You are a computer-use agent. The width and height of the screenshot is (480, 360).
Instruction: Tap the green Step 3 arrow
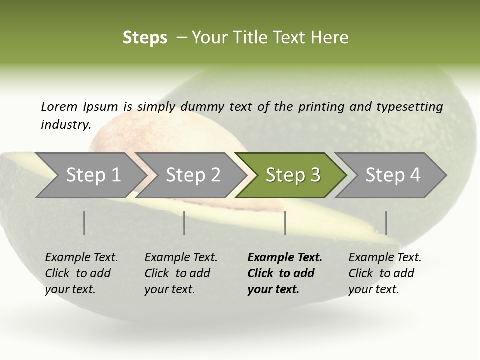pos(293,175)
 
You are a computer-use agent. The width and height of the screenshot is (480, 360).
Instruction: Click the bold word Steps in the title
pos(145,38)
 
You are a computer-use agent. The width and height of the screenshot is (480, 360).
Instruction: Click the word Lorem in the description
pos(59,106)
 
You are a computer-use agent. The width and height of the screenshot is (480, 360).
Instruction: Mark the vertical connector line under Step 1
pos(84,223)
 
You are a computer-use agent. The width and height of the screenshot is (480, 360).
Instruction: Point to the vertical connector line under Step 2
pos(184,223)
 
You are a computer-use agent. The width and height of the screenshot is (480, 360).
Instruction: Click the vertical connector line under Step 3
pos(285,223)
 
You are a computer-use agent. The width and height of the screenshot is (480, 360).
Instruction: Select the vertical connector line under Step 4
pos(386,223)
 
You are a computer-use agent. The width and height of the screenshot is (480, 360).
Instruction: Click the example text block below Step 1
pos(81,273)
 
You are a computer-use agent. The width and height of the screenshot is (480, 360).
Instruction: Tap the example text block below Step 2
pos(181,273)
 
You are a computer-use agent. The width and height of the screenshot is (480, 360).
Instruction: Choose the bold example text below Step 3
pos(285,273)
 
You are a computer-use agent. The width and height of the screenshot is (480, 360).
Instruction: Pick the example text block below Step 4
pos(385,273)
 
